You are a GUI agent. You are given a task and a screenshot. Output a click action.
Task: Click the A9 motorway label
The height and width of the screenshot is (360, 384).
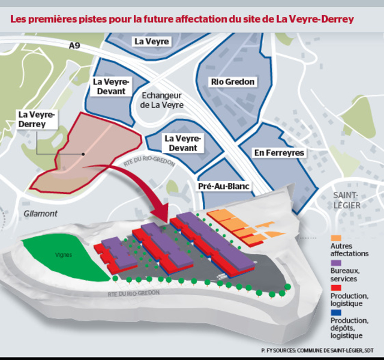[x=74, y=45]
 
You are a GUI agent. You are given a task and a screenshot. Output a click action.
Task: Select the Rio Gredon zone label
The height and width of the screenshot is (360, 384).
[x=232, y=82]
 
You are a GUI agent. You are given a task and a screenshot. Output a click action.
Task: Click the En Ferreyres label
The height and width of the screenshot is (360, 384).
[x=279, y=153]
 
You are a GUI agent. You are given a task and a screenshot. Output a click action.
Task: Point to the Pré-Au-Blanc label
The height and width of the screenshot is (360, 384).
[x=224, y=187]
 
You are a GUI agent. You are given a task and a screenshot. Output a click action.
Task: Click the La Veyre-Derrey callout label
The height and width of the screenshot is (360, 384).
[x=37, y=119]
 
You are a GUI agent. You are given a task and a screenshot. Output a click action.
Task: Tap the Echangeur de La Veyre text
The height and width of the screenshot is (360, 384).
[x=162, y=100]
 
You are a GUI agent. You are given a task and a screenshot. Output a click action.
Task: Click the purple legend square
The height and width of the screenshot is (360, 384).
[x=335, y=263]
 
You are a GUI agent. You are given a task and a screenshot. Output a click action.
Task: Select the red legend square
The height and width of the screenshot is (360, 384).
[x=335, y=287]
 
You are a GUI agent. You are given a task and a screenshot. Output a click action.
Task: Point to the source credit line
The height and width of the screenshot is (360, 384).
[x=317, y=349]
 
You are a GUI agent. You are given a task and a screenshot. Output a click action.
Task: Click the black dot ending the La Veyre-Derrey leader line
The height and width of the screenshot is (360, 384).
[x=83, y=154]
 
